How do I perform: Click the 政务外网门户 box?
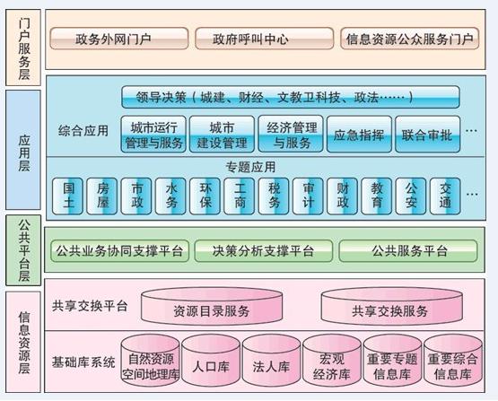pos(119,39)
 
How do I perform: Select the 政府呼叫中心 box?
pos(264,39)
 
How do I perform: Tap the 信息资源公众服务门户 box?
pos(409,39)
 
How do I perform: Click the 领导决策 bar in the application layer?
pos(291,97)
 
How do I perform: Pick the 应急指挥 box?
pos(359,135)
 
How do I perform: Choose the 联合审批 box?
pos(427,135)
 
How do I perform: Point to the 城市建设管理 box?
pos(222,135)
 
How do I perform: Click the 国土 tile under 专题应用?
pos(67,196)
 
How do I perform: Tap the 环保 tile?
pos(205,196)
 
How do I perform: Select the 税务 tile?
pos(274,196)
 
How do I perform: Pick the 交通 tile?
pos(445,196)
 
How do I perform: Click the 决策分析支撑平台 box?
pos(264,251)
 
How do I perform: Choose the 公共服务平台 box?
pos(408,251)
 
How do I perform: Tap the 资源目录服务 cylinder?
pos(212,307)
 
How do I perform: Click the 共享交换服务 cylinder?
pos(391,307)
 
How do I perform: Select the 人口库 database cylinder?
pos(211,361)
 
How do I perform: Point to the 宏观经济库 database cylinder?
pos(332,361)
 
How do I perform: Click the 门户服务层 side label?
pos(23,48)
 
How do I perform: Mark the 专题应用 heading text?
pos(250,167)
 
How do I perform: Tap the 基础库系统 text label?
pos(83,362)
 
